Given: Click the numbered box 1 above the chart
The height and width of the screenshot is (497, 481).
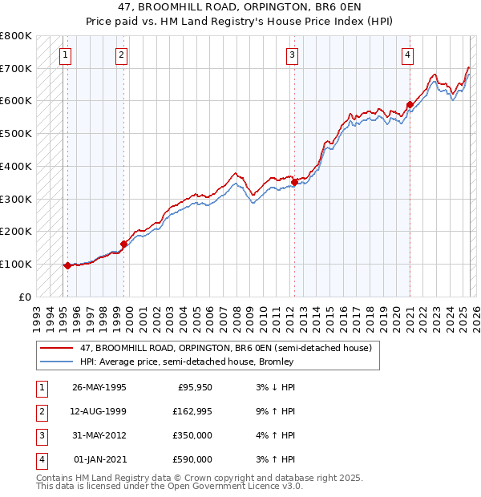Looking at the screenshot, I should click(x=64, y=55).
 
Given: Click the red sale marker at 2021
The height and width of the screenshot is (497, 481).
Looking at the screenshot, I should click(x=410, y=104).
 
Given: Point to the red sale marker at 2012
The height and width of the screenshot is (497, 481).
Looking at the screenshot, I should click(x=294, y=183).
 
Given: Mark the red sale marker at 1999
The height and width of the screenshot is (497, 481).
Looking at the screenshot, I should click(x=124, y=244).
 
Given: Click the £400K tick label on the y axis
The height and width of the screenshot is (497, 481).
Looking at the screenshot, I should click(x=16, y=166).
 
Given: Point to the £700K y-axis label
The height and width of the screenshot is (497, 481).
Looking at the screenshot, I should click(x=16, y=68).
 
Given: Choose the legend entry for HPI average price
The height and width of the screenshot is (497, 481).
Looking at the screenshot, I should click(x=187, y=362).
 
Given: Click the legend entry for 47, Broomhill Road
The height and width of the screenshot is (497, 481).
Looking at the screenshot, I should click(x=225, y=349).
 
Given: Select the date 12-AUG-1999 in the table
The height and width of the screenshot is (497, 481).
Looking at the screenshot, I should click(x=99, y=411).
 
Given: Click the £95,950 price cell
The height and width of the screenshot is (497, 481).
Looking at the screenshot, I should click(x=195, y=387).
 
